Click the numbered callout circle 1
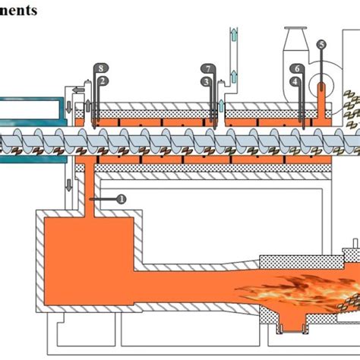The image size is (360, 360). (122, 198)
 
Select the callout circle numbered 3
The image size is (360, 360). (206, 81)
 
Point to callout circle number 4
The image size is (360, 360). (295, 81)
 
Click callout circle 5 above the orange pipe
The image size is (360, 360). (321, 46)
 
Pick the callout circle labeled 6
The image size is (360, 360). (296, 69)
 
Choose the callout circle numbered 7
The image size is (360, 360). (208, 69)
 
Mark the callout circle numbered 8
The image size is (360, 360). (103, 69)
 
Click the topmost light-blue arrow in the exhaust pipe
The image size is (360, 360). (233, 33)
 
